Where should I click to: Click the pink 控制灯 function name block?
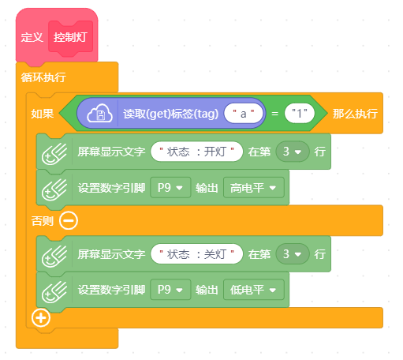coord(70,37)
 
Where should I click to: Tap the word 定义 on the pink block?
coord(32,37)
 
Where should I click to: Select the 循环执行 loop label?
coord(43,77)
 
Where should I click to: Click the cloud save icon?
coord(99,114)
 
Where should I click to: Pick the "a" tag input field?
coord(244,114)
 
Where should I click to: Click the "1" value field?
coord(300,114)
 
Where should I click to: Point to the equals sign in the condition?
coord(274,114)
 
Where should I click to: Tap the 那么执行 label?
coord(355,114)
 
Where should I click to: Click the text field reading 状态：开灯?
coord(196,152)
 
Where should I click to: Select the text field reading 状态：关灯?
coord(196,254)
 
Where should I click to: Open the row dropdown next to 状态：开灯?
coord(293,152)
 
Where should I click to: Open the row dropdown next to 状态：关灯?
coord(293,254)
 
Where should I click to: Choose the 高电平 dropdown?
coord(254,188)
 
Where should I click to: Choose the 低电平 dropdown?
coord(254,290)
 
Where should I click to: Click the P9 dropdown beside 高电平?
coord(170,188)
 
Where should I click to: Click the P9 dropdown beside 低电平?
coord(170,290)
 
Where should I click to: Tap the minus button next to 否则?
coord(69,220)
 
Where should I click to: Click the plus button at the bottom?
coord(41,317)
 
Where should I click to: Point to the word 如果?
coord(43,114)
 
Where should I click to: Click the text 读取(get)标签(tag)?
coord(171,114)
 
